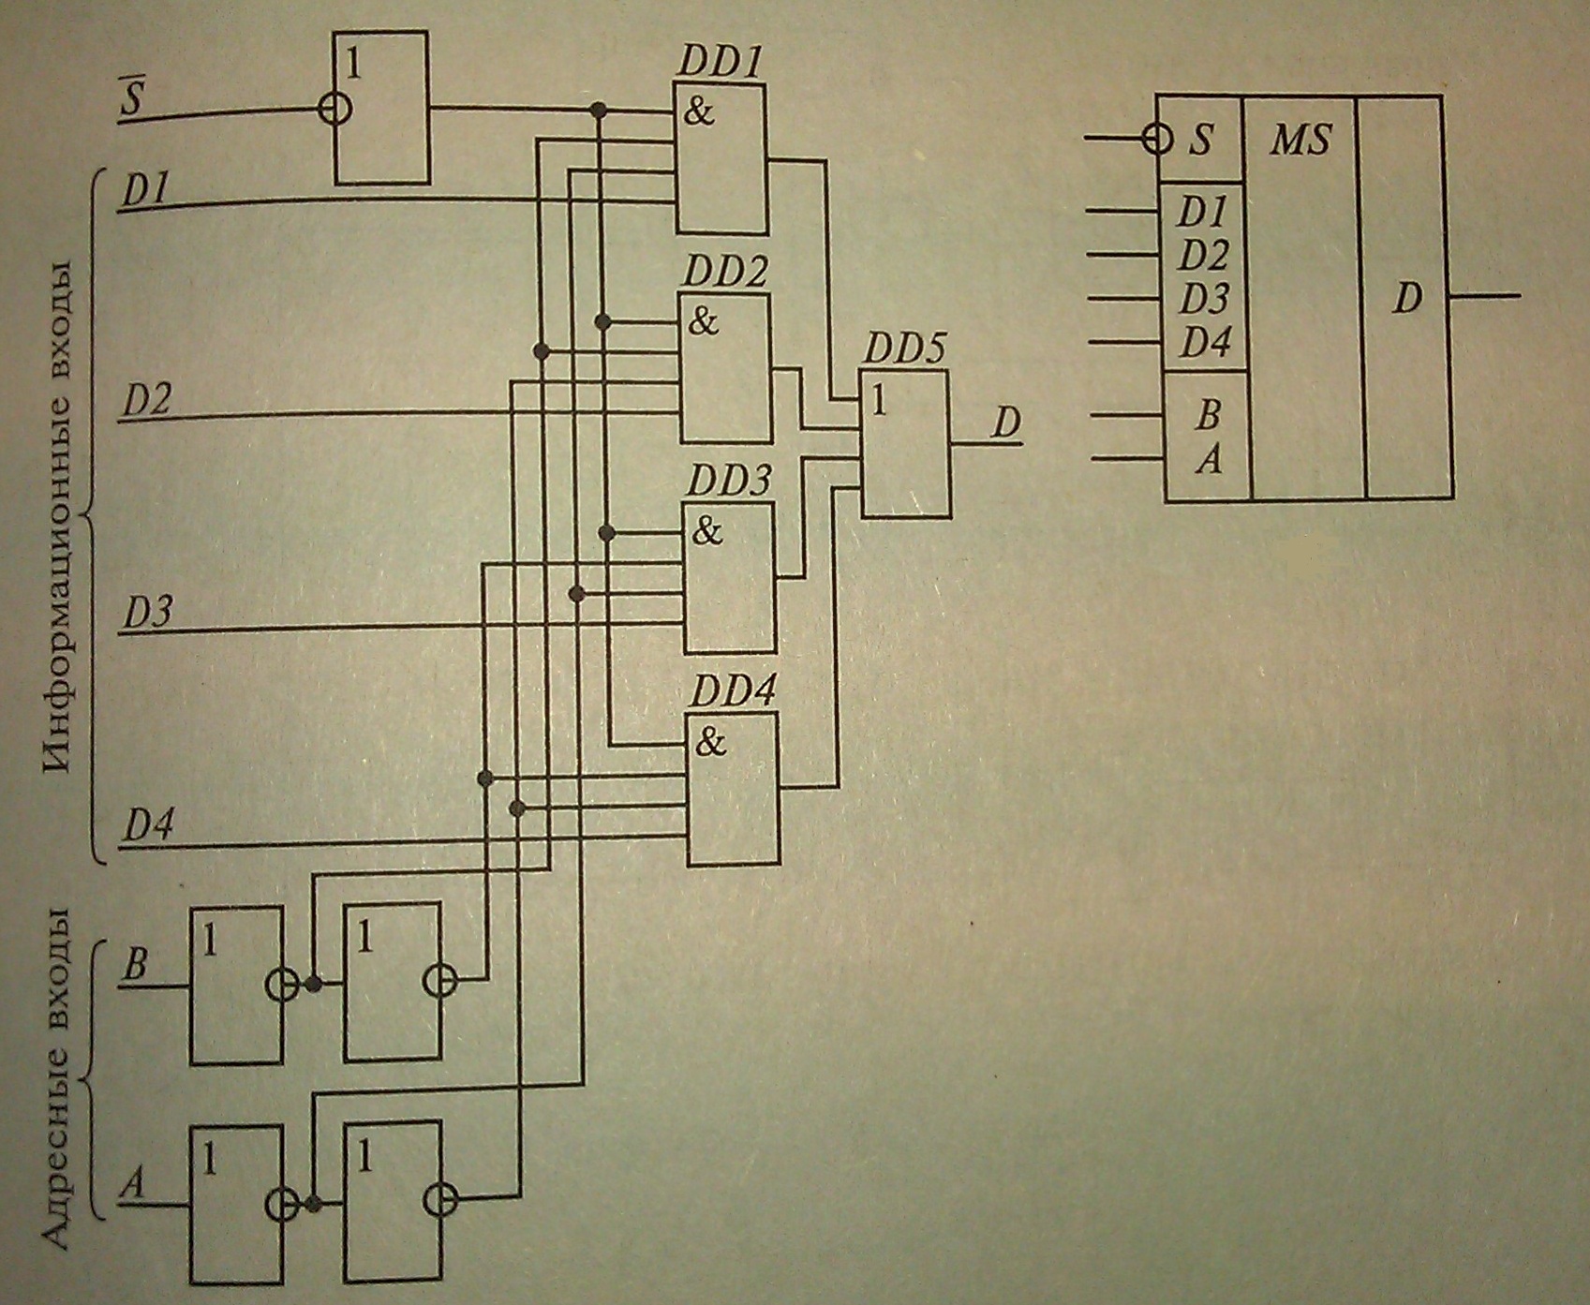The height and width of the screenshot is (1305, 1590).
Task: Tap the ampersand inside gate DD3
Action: pos(707,532)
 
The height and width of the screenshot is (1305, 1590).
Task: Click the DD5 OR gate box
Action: pos(905,443)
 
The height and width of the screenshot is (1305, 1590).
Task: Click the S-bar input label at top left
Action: pos(131,98)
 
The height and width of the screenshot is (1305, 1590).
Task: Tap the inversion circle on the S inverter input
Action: pos(334,110)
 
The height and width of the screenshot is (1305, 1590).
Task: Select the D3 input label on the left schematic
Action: pos(148,614)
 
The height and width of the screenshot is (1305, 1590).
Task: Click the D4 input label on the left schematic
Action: pos(148,826)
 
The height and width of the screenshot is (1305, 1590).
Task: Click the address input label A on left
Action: pos(134,1185)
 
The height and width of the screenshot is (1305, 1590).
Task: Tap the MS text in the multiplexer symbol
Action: pos(1300,141)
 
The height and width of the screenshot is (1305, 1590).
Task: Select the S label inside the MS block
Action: pos(1200,141)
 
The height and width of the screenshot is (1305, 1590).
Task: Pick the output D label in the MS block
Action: pos(1406,298)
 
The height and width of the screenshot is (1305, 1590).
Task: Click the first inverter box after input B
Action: pos(236,985)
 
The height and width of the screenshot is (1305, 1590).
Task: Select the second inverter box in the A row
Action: pos(393,1202)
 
